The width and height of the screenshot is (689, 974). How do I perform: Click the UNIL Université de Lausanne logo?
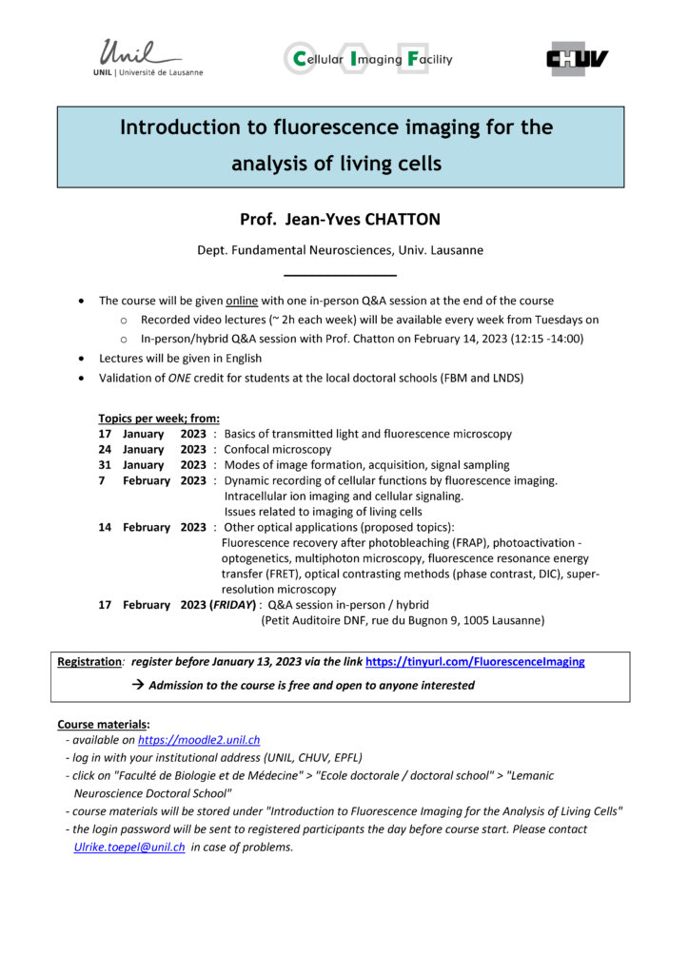click(x=150, y=58)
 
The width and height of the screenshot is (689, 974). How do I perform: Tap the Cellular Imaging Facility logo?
click(x=368, y=59)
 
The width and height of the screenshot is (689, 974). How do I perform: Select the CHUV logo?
click(x=578, y=59)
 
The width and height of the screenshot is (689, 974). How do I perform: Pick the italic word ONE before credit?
click(x=183, y=378)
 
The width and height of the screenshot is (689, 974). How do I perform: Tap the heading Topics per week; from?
click(x=159, y=418)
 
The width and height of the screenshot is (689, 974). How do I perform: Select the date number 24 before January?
click(x=106, y=449)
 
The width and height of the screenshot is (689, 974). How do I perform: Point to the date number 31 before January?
click(x=106, y=465)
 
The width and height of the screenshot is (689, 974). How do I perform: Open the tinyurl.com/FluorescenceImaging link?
click(x=475, y=661)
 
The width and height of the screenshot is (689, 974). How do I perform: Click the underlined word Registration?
click(x=89, y=661)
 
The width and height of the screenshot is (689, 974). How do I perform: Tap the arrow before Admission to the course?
click(x=137, y=685)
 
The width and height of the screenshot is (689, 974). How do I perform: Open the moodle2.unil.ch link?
click(x=199, y=739)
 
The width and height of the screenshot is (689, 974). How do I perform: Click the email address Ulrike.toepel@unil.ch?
click(x=129, y=847)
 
